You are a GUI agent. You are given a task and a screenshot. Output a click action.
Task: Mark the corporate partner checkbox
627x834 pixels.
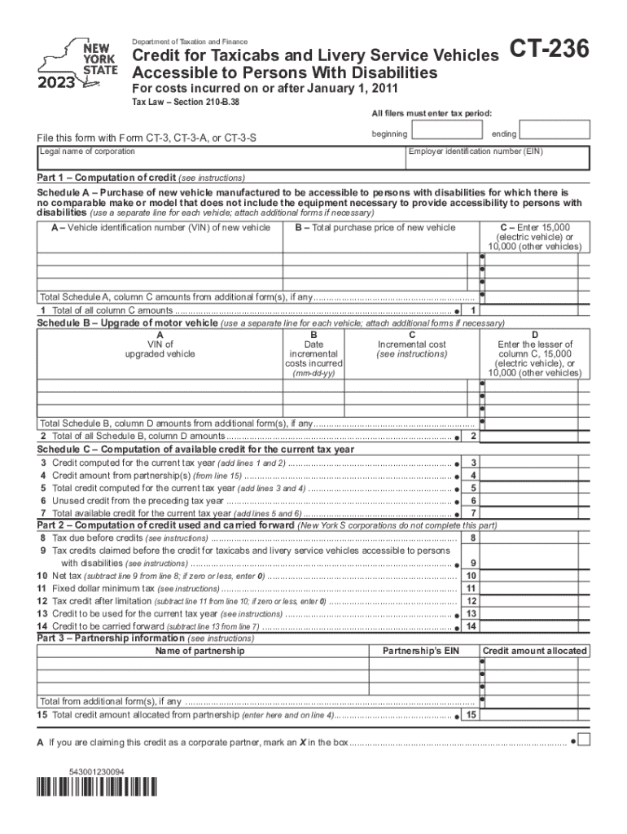pyautogui.click(x=583, y=741)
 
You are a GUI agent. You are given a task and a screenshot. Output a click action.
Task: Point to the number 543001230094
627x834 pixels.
pyautogui.click(x=97, y=770)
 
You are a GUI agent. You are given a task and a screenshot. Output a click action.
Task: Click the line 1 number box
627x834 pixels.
pyautogui.click(x=473, y=310)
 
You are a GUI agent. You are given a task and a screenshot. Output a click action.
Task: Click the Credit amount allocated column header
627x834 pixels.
pyautogui.click(x=534, y=651)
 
